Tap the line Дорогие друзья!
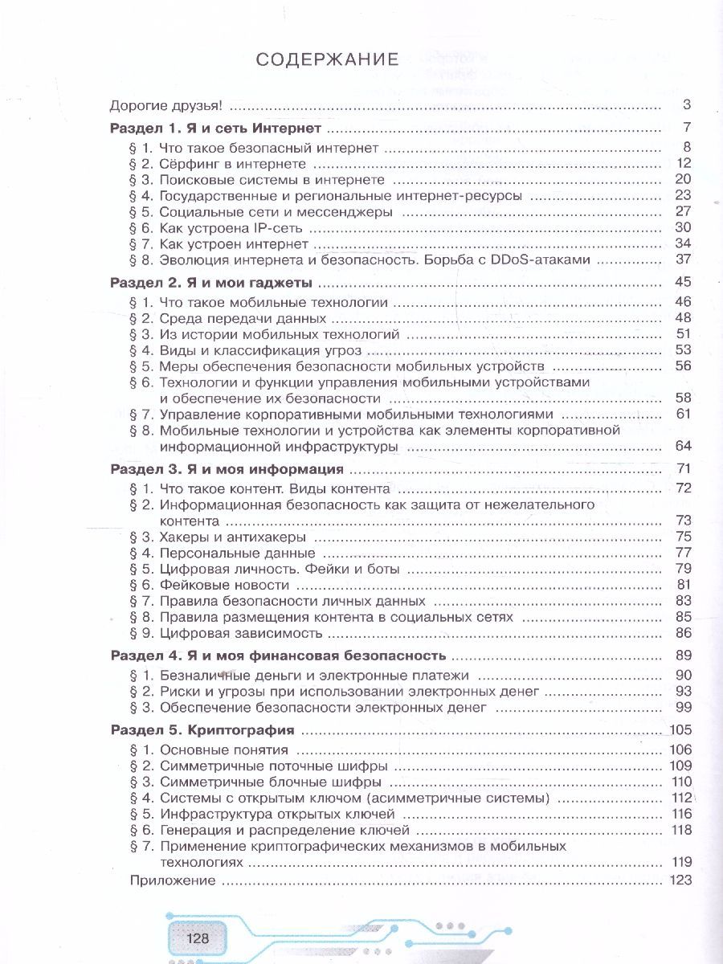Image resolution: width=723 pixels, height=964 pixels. click(165, 105)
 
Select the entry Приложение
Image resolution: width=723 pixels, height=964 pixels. click(173, 880)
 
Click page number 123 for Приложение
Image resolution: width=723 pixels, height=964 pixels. click(680, 880)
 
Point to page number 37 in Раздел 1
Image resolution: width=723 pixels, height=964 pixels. click(684, 260)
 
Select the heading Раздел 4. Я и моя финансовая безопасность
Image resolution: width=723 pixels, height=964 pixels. click(277, 655)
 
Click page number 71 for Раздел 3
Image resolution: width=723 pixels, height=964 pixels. click(684, 468)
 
